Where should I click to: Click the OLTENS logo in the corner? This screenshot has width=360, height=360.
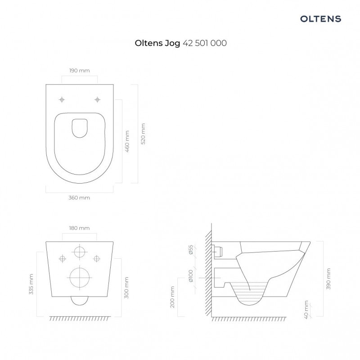(x=321, y=19)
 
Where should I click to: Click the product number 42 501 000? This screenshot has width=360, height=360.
(x=205, y=44)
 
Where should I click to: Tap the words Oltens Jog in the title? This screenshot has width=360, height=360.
(x=157, y=44)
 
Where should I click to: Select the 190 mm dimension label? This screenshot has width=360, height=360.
(x=80, y=71)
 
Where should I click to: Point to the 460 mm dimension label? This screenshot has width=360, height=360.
(x=127, y=141)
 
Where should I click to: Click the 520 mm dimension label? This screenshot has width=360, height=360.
(x=143, y=134)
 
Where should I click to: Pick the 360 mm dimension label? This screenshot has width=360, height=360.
(x=80, y=198)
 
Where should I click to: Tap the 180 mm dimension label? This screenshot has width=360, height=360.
(x=79, y=228)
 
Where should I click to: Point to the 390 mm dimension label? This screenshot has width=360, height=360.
(x=328, y=279)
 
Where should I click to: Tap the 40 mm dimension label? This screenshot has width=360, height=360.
(x=306, y=310)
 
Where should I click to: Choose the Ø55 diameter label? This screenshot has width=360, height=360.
(x=191, y=251)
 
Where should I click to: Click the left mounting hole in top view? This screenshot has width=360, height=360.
(x=62, y=99)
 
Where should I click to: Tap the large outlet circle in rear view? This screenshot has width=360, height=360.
(x=80, y=277)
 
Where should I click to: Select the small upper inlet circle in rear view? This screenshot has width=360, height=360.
(x=80, y=252)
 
